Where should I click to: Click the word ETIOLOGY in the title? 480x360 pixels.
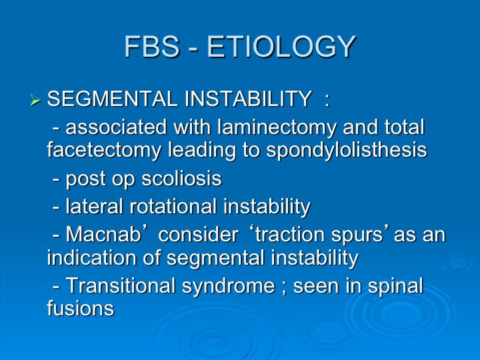(x=281, y=47)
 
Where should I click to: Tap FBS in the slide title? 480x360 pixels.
(x=152, y=47)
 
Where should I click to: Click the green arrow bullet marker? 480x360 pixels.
(x=35, y=100)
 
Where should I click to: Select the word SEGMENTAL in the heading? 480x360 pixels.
(x=113, y=99)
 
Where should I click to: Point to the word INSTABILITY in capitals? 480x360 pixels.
(x=248, y=99)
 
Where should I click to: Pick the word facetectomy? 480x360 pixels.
(x=104, y=150)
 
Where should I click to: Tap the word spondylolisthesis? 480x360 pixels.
(x=347, y=150)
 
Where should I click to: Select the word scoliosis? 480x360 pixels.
(x=181, y=178)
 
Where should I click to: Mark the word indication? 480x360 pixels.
(x=91, y=257)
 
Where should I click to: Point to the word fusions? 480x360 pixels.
(x=81, y=307)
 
